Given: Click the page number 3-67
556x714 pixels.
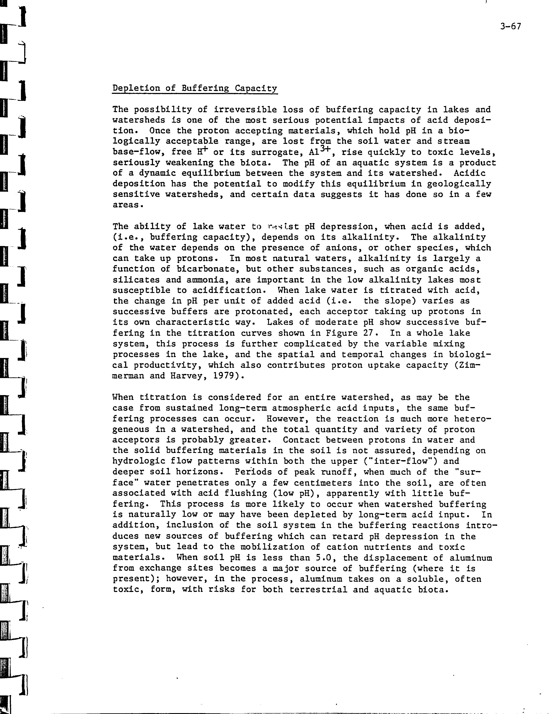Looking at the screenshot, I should point(510,26).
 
